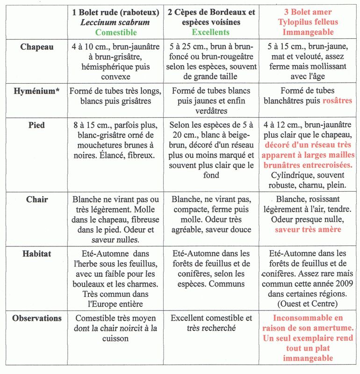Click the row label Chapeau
[36, 47]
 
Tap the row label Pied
[36, 125]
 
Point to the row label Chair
[36, 199]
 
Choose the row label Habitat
[36, 254]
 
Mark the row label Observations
[36, 318]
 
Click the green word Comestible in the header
[116, 32]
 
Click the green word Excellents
[210, 32]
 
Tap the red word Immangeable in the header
[308, 32]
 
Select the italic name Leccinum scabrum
[116, 22]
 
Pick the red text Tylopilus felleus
[308, 22]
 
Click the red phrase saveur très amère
[308, 230]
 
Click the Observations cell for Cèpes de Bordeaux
[211, 323]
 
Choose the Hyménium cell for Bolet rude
[116, 96]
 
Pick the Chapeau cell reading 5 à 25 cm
[211, 62]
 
